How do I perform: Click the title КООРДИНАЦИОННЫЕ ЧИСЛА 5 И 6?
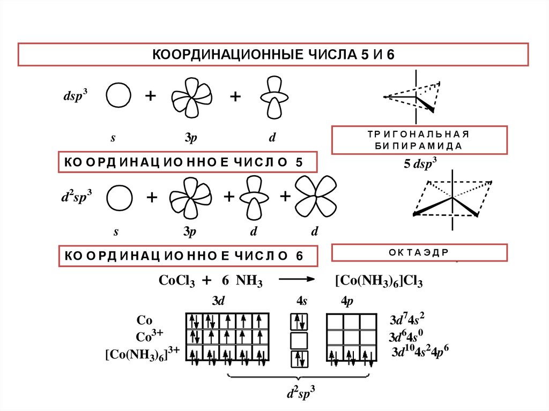point(274,55)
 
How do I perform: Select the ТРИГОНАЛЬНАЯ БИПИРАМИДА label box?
point(419,140)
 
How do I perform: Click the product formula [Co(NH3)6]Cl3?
point(379,280)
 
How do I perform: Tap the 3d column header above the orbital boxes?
point(218,301)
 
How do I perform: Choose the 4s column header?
point(301,301)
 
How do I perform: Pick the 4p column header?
point(347,301)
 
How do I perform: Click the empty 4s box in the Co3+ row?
point(299,340)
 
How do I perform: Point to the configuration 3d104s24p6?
point(420,353)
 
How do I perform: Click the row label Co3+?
point(150,337)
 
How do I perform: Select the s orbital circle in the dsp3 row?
point(118,96)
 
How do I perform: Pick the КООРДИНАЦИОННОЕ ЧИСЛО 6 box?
point(187,256)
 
